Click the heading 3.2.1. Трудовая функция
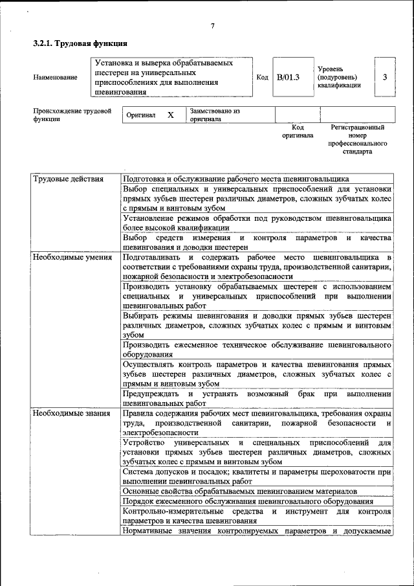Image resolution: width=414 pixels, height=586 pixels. click(x=80, y=44)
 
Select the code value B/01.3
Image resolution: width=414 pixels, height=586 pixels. click(x=288, y=78)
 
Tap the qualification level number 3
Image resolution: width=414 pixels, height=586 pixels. click(x=385, y=77)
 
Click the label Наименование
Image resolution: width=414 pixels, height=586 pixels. click(x=55, y=78)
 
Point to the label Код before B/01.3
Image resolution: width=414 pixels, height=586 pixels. click(x=263, y=78)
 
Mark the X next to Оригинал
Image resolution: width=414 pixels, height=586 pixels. click(x=171, y=115)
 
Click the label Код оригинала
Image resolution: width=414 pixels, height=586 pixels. click(x=298, y=132)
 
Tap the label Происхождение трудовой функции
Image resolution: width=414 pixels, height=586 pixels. click(x=72, y=115)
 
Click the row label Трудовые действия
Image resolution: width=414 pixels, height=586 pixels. click(x=68, y=179)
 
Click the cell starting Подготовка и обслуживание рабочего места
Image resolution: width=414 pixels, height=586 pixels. click(x=235, y=179)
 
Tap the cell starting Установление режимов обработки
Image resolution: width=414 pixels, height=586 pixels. click(x=257, y=223)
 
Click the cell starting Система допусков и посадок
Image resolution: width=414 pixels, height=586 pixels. click(x=257, y=477)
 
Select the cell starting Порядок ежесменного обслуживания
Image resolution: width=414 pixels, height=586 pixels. click(x=247, y=502)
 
